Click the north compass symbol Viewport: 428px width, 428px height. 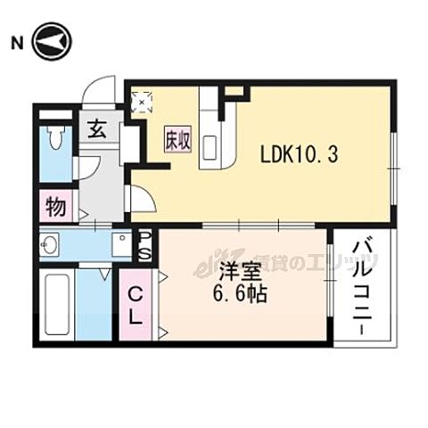(x=53, y=41)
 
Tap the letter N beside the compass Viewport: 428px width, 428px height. (x=16, y=42)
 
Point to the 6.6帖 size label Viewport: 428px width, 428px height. (x=239, y=293)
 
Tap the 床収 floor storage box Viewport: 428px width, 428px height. (x=176, y=141)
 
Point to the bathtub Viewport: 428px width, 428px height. (x=57, y=306)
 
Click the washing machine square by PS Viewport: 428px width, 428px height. (x=121, y=244)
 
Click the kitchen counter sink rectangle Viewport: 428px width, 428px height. (x=211, y=144)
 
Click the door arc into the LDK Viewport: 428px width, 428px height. (x=143, y=199)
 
